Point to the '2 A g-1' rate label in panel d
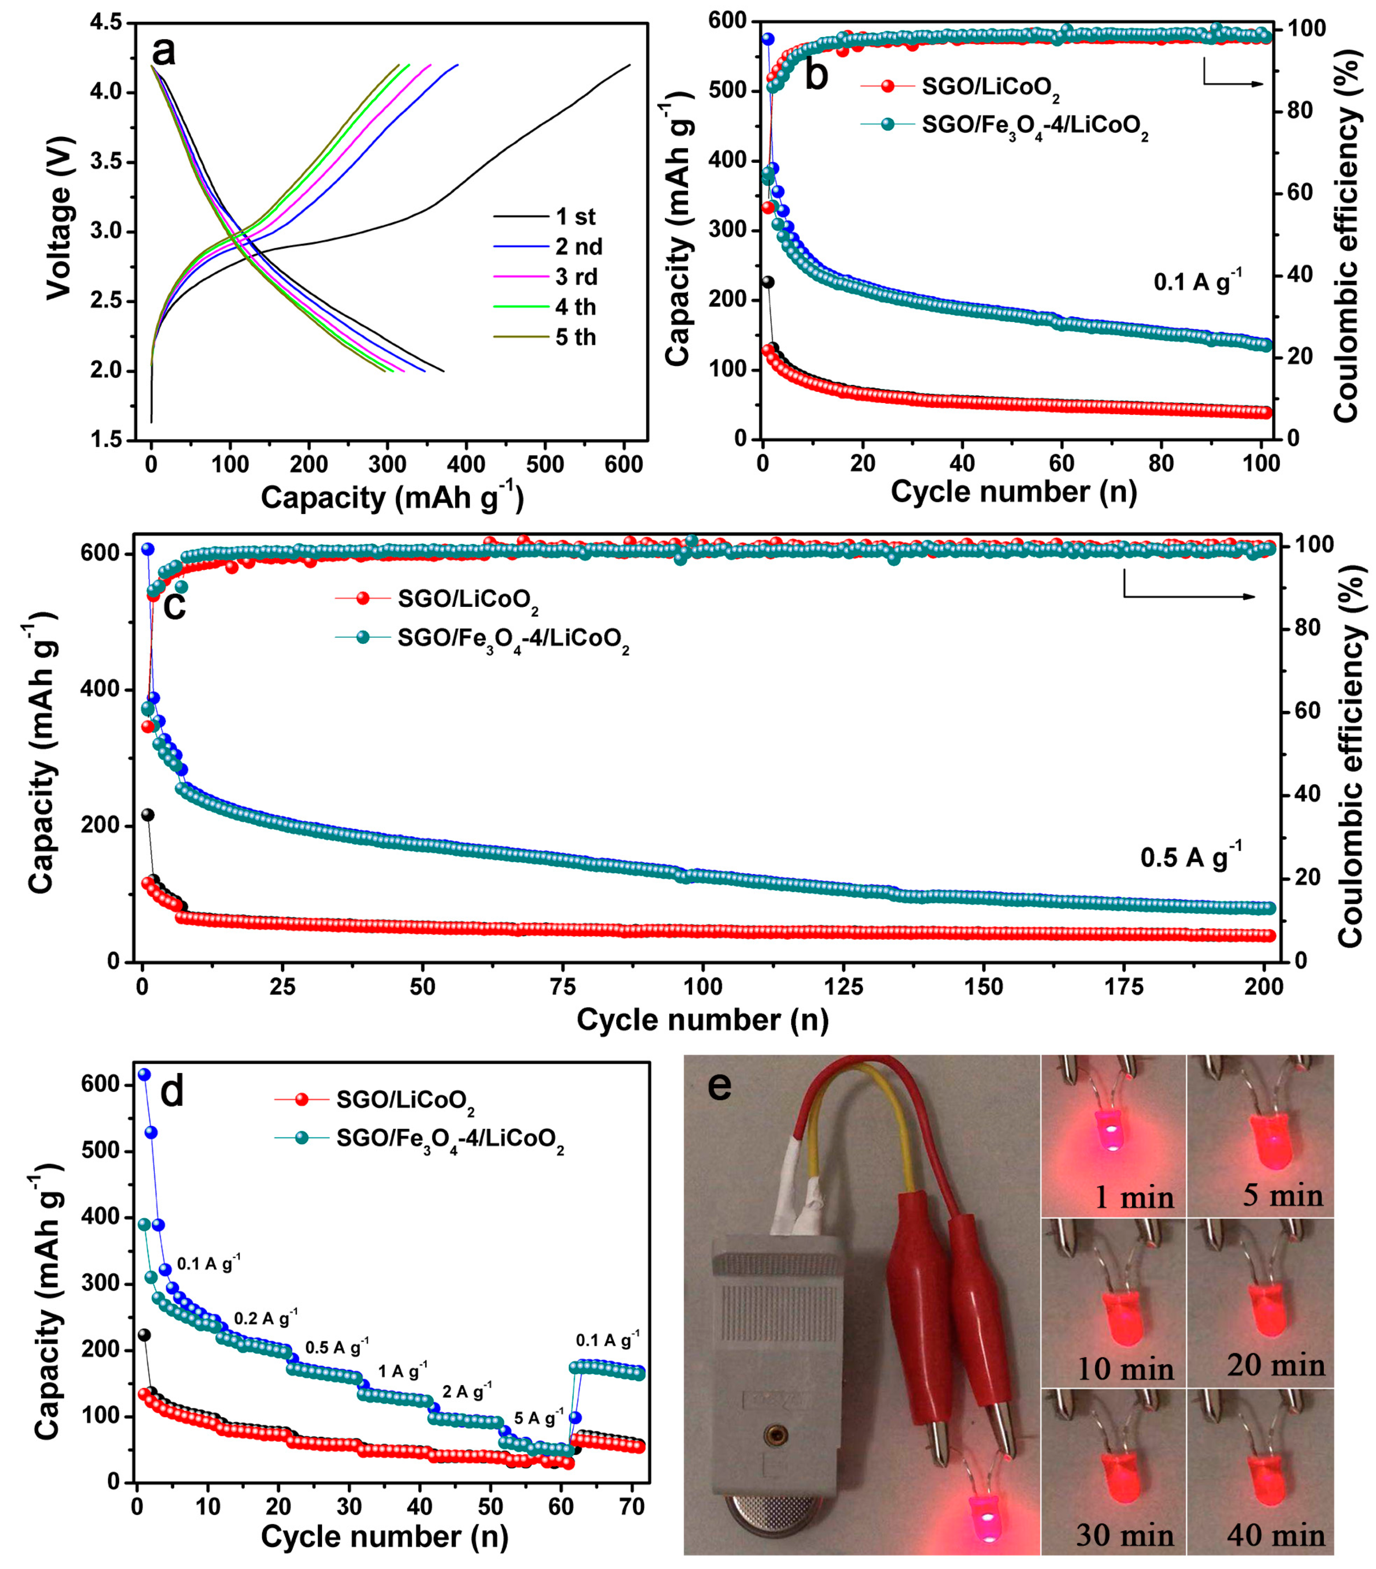tap(467, 1390)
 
